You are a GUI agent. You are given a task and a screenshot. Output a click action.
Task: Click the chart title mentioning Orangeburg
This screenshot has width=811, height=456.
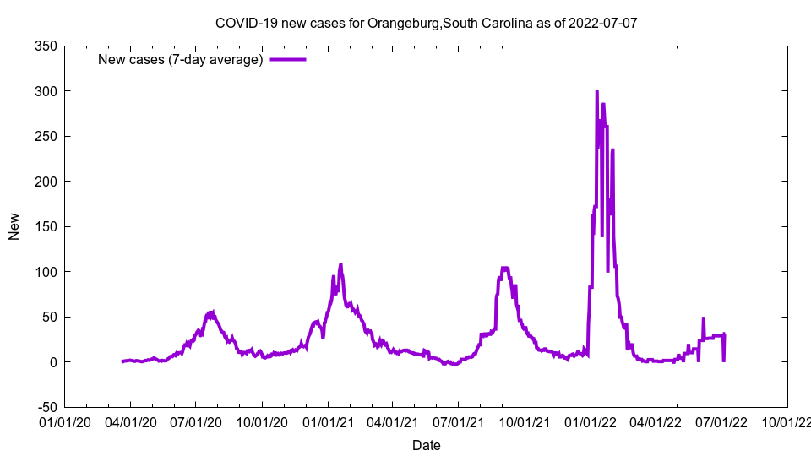coord(426,23)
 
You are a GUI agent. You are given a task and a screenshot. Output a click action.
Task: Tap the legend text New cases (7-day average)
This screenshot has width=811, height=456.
coord(181,60)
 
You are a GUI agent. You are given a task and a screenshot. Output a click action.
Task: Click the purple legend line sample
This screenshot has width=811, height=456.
coord(287,60)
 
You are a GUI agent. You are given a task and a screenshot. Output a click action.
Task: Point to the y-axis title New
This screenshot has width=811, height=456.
coord(14,226)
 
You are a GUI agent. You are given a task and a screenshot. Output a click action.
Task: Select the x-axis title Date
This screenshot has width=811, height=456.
coord(426,445)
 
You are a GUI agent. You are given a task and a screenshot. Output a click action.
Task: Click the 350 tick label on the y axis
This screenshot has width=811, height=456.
coord(45,46)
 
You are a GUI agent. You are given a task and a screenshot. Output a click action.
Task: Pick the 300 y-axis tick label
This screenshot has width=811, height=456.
coord(45,91)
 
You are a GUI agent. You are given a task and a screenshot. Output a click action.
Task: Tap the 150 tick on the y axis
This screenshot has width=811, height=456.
coord(45,226)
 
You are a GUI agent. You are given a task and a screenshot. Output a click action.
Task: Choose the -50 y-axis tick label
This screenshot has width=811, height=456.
coord(45,407)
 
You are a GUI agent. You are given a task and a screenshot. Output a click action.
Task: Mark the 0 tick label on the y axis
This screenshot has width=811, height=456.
coord(52,362)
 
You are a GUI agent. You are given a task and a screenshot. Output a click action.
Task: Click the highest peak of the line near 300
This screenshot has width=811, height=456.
coord(596,91)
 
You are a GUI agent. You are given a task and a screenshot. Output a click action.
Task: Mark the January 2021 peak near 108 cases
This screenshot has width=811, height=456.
coord(340,265)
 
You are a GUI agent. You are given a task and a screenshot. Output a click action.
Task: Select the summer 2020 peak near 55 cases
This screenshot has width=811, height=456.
coord(212,312)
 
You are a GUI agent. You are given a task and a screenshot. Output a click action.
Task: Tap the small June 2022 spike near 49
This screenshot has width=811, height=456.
coord(703,318)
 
